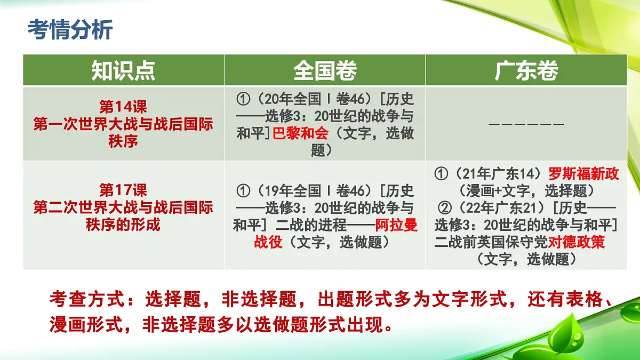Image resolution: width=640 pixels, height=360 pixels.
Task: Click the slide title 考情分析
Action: point(70,30)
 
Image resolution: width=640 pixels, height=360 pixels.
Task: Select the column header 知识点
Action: point(123,70)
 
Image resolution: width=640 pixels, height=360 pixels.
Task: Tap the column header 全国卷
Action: point(325,70)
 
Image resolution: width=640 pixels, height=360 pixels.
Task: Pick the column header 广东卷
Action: point(526,70)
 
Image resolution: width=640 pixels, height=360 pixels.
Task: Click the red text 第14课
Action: point(123,107)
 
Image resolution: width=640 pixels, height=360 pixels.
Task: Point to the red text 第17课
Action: point(123,189)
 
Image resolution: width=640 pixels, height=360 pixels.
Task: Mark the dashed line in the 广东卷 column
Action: point(526,125)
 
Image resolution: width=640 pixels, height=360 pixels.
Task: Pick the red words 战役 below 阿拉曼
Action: point(268,242)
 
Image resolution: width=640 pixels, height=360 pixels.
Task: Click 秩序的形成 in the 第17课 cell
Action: point(123,225)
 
